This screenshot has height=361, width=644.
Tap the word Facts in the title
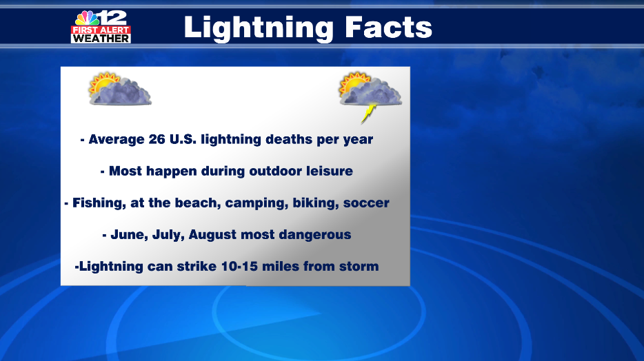388,28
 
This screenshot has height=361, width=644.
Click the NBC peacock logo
87,19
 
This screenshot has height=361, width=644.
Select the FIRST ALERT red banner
101,30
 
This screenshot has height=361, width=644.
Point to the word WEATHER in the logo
101,39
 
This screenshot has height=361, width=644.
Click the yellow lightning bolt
369,113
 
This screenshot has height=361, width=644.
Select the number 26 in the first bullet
157,139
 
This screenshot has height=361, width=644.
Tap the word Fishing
99,203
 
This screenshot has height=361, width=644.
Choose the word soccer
366,203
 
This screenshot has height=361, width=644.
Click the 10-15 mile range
239,266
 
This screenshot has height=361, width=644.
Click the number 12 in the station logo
113,18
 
